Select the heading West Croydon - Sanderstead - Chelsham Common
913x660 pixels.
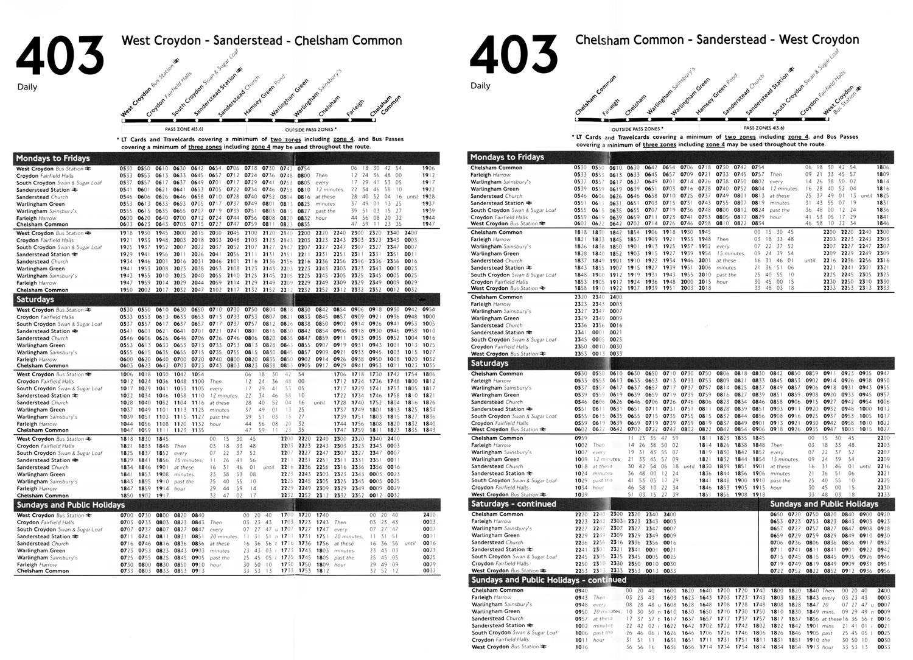click(x=262, y=41)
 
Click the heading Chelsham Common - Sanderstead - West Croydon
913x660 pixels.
click(x=717, y=40)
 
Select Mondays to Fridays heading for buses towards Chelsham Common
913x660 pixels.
click(x=53, y=158)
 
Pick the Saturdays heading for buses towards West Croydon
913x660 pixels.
click(x=489, y=363)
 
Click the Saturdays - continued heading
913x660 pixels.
click(x=513, y=504)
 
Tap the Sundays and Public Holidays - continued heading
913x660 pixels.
click(x=548, y=580)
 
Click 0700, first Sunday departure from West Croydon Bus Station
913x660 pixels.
click(x=127, y=516)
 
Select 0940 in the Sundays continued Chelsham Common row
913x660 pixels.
click(x=581, y=591)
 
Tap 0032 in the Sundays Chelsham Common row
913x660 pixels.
click(x=429, y=571)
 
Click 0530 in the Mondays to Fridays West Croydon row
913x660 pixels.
click(x=126, y=169)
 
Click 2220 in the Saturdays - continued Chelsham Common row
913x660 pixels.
click(x=581, y=514)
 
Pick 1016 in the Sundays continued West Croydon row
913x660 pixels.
click(x=581, y=647)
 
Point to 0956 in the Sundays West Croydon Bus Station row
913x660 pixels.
click(x=883, y=571)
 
